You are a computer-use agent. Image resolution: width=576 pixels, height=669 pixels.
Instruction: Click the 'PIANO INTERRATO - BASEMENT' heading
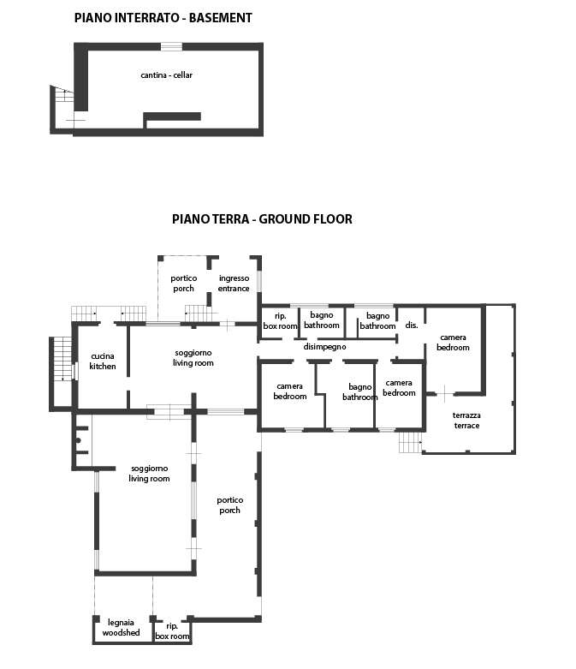click(x=163, y=18)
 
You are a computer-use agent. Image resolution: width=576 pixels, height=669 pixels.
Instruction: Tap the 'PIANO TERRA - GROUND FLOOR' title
click(x=262, y=219)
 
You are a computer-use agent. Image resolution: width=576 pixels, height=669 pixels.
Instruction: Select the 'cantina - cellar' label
click(x=166, y=75)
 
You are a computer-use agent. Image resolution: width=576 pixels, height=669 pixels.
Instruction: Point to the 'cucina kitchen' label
click(x=103, y=361)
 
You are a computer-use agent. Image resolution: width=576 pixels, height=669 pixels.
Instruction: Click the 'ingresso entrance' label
click(x=234, y=284)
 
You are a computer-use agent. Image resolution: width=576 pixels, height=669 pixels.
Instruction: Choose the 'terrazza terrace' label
click(x=466, y=421)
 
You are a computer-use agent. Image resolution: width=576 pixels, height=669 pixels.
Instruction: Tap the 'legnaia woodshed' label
click(x=121, y=628)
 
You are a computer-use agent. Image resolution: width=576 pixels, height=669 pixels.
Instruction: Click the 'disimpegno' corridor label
click(x=324, y=347)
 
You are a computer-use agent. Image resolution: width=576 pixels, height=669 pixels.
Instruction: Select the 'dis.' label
click(x=412, y=326)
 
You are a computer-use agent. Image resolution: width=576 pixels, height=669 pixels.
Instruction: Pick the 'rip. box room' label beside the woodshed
click(x=172, y=631)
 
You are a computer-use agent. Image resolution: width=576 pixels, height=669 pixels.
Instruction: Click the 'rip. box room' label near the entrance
click(x=280, y=321)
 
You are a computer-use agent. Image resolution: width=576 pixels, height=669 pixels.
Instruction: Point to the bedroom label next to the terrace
click(x=453, y=343)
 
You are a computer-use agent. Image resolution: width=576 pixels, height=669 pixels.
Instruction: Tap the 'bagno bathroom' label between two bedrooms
click(x=359, y=392)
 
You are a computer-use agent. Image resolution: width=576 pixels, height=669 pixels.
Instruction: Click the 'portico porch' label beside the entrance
click(x=184, y=284)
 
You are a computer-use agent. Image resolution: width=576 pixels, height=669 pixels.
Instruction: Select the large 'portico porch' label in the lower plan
click(x=230, y=505)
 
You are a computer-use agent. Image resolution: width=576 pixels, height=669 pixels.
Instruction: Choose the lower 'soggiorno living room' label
click(x=149, y=474)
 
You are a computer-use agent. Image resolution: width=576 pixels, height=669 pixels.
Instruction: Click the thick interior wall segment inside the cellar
click(x=172, y=116)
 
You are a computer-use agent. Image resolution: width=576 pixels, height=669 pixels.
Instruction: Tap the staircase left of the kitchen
click(x=62, y=359)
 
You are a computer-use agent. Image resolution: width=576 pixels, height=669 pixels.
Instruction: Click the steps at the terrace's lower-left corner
click(x=410, y=443)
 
